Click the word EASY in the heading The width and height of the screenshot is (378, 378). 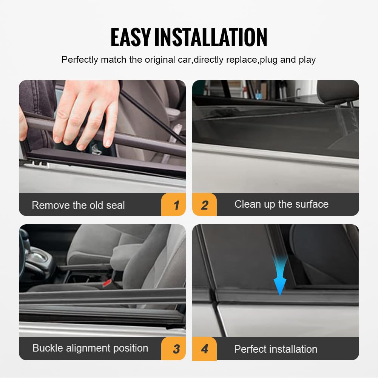(131, 37)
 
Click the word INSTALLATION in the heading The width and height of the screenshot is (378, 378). (211, 37)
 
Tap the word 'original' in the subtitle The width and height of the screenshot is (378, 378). (160, 60)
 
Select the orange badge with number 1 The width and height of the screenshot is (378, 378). (173, 204)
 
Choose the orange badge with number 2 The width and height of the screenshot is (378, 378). (204, 204)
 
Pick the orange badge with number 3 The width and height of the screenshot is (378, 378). (173, 349)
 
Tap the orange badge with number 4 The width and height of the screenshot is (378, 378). (204, 349)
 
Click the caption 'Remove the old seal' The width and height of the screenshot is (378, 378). (78, 205)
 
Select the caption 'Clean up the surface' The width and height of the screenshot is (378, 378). (282, 204)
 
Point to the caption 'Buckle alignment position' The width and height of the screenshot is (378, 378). (90, 348)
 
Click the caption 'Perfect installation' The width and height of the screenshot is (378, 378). (276, 349)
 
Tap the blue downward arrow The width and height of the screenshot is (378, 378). (280, 277)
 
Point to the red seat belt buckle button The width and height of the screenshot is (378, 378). (106, 282)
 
